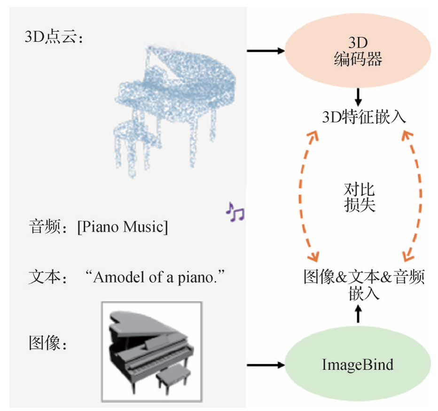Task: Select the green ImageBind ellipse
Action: click(x=358, y=364)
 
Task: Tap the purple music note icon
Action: click(x=235, y=212)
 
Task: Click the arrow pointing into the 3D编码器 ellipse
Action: click(x=266, y=50)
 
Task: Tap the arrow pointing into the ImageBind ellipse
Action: click(x=266, y=365)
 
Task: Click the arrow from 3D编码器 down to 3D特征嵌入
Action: click(x=358, y=97)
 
